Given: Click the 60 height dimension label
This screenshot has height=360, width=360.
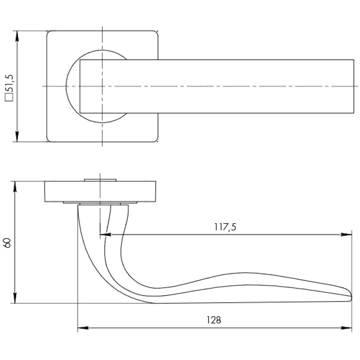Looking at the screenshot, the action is [7, 243].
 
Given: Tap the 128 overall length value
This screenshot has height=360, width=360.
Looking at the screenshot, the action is [214, 320].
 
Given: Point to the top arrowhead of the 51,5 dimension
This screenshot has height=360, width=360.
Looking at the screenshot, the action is [17, 36].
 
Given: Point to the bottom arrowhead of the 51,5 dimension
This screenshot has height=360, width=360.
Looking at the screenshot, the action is [17, 136].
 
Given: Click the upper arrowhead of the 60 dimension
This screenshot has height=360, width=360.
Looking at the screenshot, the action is [15, 186].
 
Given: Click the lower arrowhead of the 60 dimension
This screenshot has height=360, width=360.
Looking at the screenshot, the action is [15, 298].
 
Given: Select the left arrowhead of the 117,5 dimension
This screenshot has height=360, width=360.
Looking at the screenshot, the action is [106, 234].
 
